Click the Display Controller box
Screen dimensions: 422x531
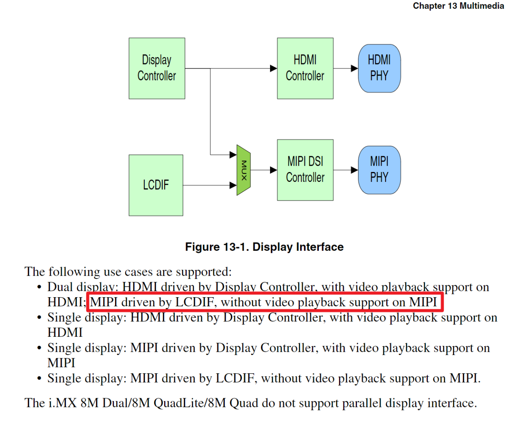tap(157, 68)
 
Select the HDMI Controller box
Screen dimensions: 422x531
tap(305, 68)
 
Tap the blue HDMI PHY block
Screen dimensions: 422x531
tap(379, 68)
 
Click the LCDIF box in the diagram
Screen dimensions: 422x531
tap(156, 185)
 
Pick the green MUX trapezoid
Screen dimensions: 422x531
tap(243, 170)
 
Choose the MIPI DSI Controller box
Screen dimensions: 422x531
tap(305, 170)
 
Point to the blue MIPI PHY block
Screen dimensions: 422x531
tap(379, 170)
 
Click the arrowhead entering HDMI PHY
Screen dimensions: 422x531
tap(354, 68)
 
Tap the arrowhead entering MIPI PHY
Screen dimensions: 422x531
tap(354, 170)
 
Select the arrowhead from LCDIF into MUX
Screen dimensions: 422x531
tap(233, 185)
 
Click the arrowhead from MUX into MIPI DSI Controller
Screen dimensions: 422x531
tap(273, 170)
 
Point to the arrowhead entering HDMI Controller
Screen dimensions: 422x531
tap(273, 68)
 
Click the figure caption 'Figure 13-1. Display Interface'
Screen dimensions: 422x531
tap(264, 247)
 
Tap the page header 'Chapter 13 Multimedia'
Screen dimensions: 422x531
tap(458, 6)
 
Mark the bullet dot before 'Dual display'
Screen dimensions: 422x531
tap(39, 287)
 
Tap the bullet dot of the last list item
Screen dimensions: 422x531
tap(39, 379)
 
